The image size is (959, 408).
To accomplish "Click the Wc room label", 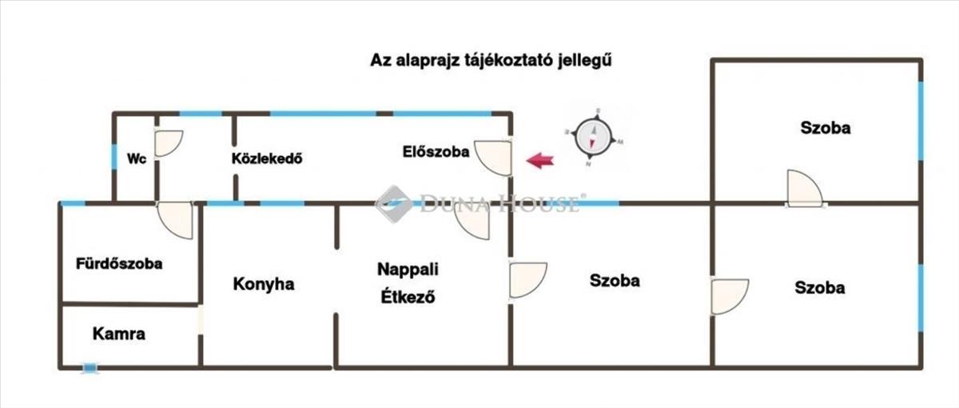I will (x=137, y=158).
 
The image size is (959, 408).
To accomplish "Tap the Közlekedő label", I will (x=266, y=158).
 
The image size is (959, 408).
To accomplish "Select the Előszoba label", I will (x=436, y=151).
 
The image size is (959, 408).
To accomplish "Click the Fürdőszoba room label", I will (x=119, y=263).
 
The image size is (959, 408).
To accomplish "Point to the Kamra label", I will (x=119, y=334).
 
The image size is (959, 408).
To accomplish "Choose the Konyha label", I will (x=264, y=284).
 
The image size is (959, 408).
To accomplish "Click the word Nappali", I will (x=408, y=269).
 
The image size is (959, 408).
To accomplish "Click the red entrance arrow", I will (x=541, y=161).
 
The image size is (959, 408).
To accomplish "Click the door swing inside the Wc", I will (x=168, y=143).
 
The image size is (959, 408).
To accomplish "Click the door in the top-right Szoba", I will (x=803, y=190).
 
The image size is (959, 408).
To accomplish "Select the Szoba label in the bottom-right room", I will (x=820, y=288).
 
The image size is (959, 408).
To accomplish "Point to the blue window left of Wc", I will (x=115, y=156).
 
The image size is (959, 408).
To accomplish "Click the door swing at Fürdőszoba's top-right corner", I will (x=175, y=219).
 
